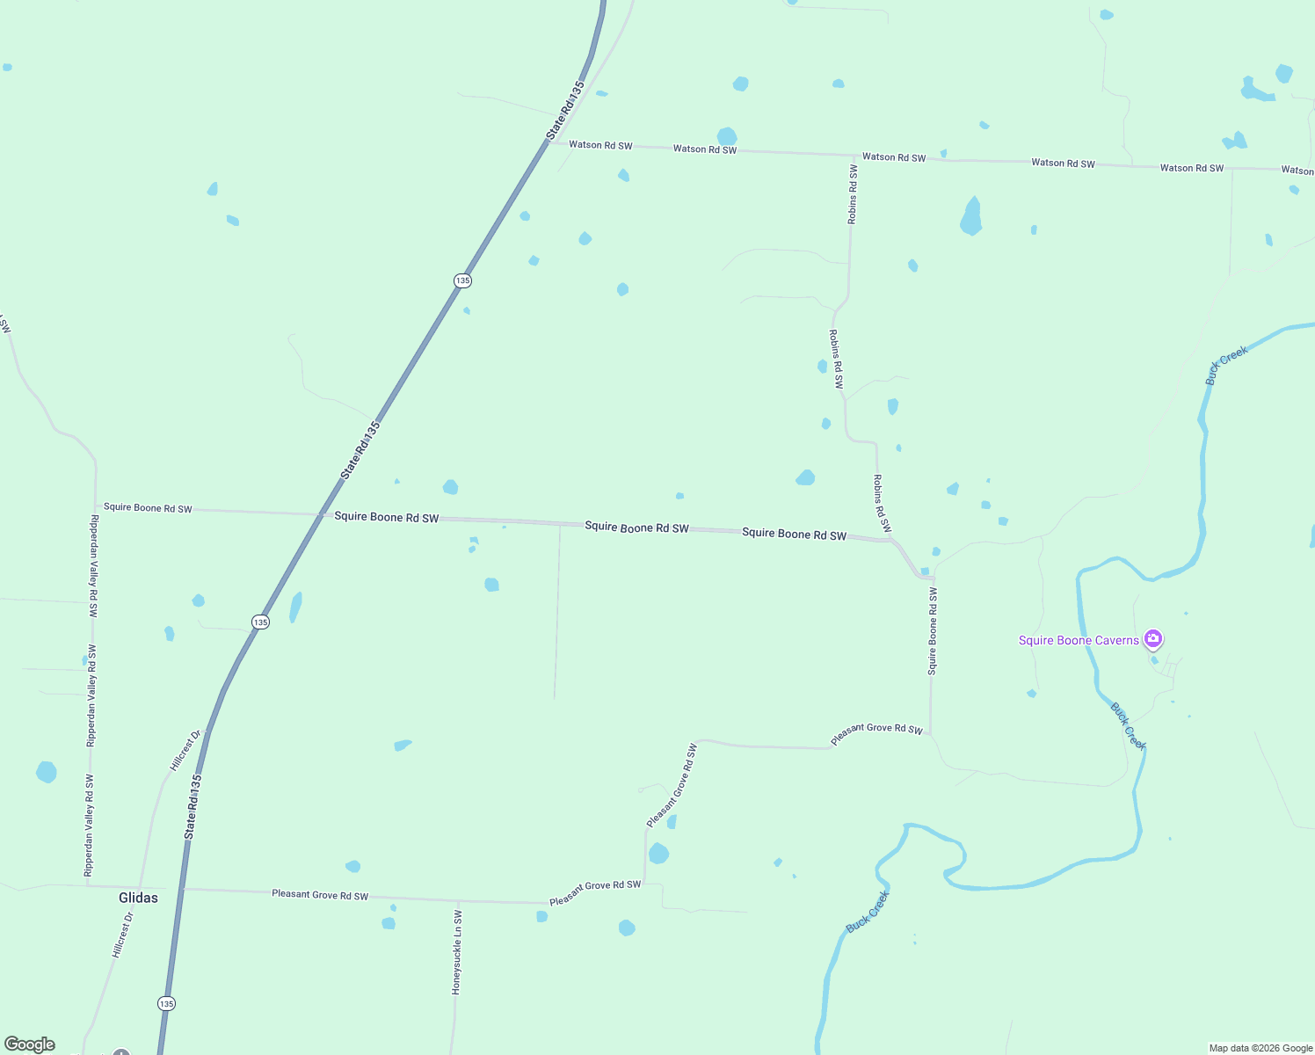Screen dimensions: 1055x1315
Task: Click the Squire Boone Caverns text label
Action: pos(1078,640)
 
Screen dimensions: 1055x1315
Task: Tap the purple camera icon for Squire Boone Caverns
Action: pos(1153,638)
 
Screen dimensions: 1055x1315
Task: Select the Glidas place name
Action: pos(138,898)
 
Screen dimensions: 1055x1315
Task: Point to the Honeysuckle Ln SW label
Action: pos(457,953)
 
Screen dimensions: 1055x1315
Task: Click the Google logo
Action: pos(30,1044)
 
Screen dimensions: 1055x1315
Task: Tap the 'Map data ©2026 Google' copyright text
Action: pos(1261,1048)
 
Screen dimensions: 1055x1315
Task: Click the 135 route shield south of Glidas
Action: pos(166,1003)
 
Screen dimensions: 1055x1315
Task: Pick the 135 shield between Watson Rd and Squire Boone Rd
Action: pos(462,280)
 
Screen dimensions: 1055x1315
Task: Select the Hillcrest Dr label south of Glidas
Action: pos(123,935)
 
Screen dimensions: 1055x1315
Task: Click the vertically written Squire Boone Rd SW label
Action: pos(933,631)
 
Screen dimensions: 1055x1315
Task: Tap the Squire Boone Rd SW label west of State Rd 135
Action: pos(148,507)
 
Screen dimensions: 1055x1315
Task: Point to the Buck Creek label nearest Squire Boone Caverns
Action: pos(1128,725)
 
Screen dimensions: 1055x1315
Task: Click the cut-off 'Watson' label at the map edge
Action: pos(1297,171)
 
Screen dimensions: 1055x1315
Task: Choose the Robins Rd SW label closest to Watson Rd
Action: pos(852,194)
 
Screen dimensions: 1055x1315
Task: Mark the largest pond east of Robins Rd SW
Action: pos(970,217)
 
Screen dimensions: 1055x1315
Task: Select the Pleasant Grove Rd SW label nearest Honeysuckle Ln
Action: pos(320,895)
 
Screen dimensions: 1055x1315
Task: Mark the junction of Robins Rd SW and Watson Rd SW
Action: pos(854,155)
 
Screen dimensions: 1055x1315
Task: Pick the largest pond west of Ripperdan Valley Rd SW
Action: pos(46,772)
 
